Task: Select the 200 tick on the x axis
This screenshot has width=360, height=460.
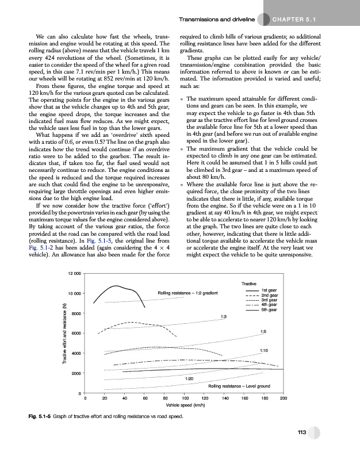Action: (x=283, y=398)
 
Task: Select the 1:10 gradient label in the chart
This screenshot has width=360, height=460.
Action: (x=264, y=350)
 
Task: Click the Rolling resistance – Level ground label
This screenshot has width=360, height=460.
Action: (x=239, y=386)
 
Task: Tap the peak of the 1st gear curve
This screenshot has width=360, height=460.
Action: (x=117, y=285)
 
